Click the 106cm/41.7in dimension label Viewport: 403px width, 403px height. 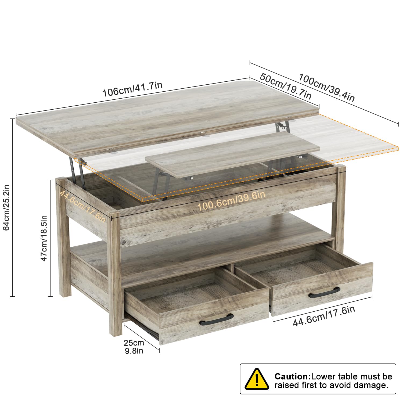pyautogui.click(x=132, y=89)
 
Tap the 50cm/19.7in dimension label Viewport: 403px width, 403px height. pyautogui.click(x=286, y=86)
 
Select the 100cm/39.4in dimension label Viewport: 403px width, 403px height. pyautogui.click(x=327, y=88)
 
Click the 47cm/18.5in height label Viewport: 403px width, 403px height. pyautogui.click(x=44, y=238)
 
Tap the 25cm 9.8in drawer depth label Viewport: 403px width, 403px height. pyautogui.click(x=134, y=347)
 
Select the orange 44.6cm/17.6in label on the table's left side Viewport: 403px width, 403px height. pyautogui.click(x=82, y=206)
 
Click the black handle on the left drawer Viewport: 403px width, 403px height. pyautogui.click(x=217, y=319)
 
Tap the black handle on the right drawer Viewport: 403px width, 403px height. pyautogui.click(x=324, y=293)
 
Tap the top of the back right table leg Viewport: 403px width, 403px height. pyautogui.click(x=341, y=169)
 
